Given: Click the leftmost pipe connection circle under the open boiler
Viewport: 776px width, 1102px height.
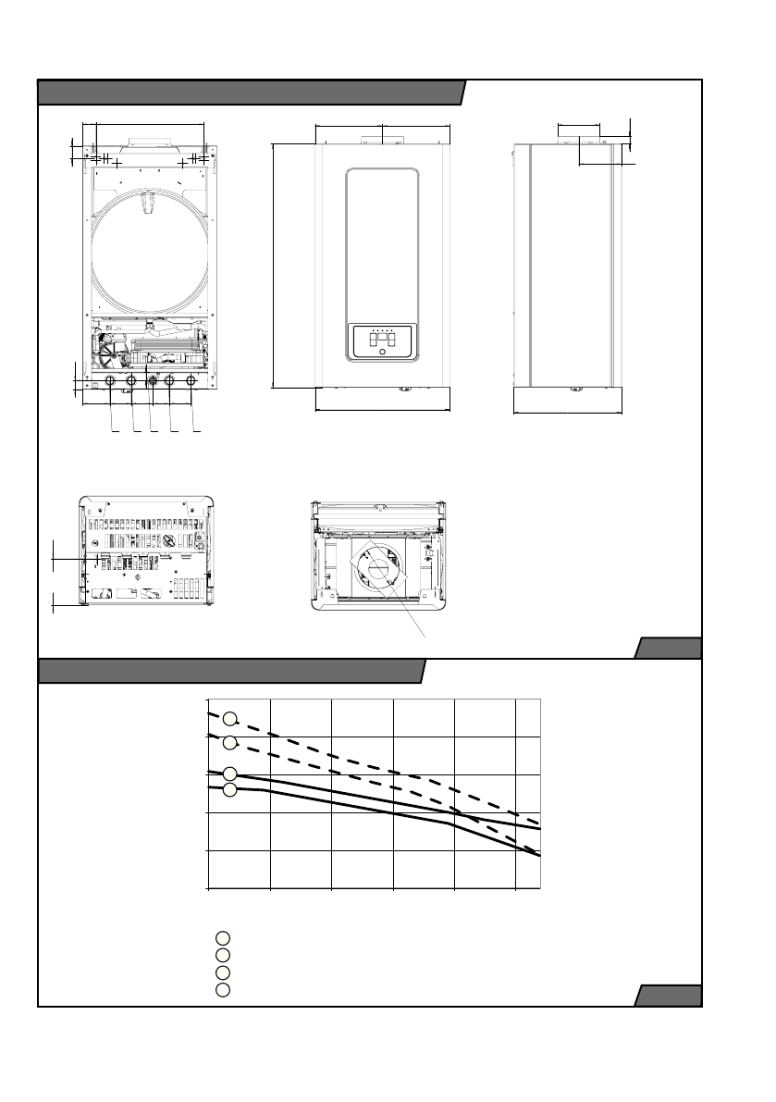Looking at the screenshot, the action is pyautogui.click(x=110, y=380).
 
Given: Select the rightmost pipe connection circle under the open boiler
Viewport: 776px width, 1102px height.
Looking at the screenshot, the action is pyautogui.click(x=191, y=380).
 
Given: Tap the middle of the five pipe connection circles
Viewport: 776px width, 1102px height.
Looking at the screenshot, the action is pyautogui.click(x=152, y=380).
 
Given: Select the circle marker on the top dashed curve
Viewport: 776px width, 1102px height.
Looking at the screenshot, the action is pyautogui.click(x=231, y=718).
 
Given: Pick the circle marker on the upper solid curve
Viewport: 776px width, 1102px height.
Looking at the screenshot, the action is pyautogui.click(x=231, y=774).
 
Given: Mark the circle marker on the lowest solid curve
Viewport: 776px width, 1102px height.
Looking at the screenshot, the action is pyautogui.click(x=231, y=789).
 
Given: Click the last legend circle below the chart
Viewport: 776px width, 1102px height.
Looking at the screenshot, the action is pyautogui.click(x=222, y=990).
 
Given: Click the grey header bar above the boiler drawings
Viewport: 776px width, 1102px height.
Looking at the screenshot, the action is pyautogui.click(x=250, y=93).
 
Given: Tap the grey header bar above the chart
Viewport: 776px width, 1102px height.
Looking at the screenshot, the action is pyautogui.click(x=231, y=671).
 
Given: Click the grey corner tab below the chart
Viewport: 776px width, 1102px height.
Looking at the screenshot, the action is pyautogui.click(x=669, y=996).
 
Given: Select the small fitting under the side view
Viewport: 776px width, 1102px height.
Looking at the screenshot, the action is pyautogui.click(x=575, y=389).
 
